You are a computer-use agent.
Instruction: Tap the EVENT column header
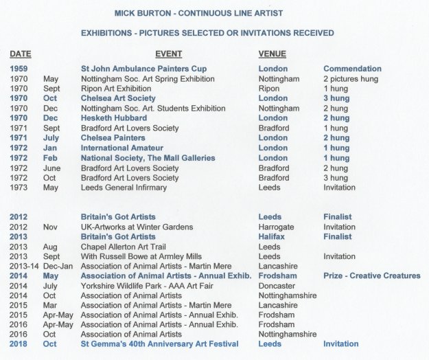[168, 54]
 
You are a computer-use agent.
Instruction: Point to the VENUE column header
[272, 54]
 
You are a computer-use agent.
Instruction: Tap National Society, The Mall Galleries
[148, 158]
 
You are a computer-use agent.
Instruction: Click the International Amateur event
[123, 148]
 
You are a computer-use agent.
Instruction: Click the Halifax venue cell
[273, 236]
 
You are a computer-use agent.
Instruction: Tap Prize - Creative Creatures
[372, 275]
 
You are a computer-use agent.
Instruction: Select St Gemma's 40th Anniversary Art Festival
[159, 344]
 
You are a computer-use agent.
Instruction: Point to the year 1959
[19, 69]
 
